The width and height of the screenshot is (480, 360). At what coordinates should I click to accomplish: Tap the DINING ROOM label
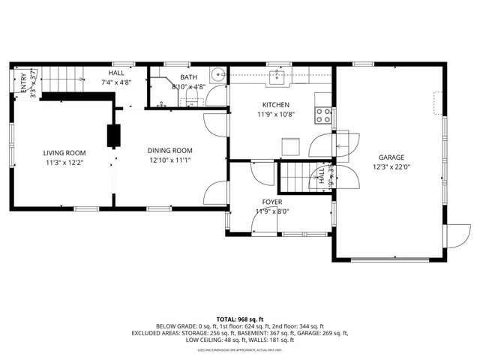tap(170, 150)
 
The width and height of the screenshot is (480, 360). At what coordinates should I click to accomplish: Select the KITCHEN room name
tap(275, 105)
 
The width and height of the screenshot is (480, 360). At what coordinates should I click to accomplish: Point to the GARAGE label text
tap(391, 157)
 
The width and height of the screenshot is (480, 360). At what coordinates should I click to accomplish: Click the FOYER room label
tap(272, 202)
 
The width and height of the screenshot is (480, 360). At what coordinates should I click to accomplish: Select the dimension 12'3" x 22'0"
tap(391, 167)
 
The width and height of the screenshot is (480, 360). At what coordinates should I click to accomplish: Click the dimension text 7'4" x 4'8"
tap(116, 82)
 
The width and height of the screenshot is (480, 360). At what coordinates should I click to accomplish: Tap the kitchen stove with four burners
tap(324, 115)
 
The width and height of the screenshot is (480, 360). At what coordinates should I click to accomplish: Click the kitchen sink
tap(280, 75)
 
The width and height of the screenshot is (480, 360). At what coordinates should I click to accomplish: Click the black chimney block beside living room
tap(113, 136)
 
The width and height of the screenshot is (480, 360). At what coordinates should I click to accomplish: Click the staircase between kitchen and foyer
tap(295, 178)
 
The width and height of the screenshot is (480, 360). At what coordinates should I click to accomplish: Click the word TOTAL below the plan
tap(228, 319)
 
